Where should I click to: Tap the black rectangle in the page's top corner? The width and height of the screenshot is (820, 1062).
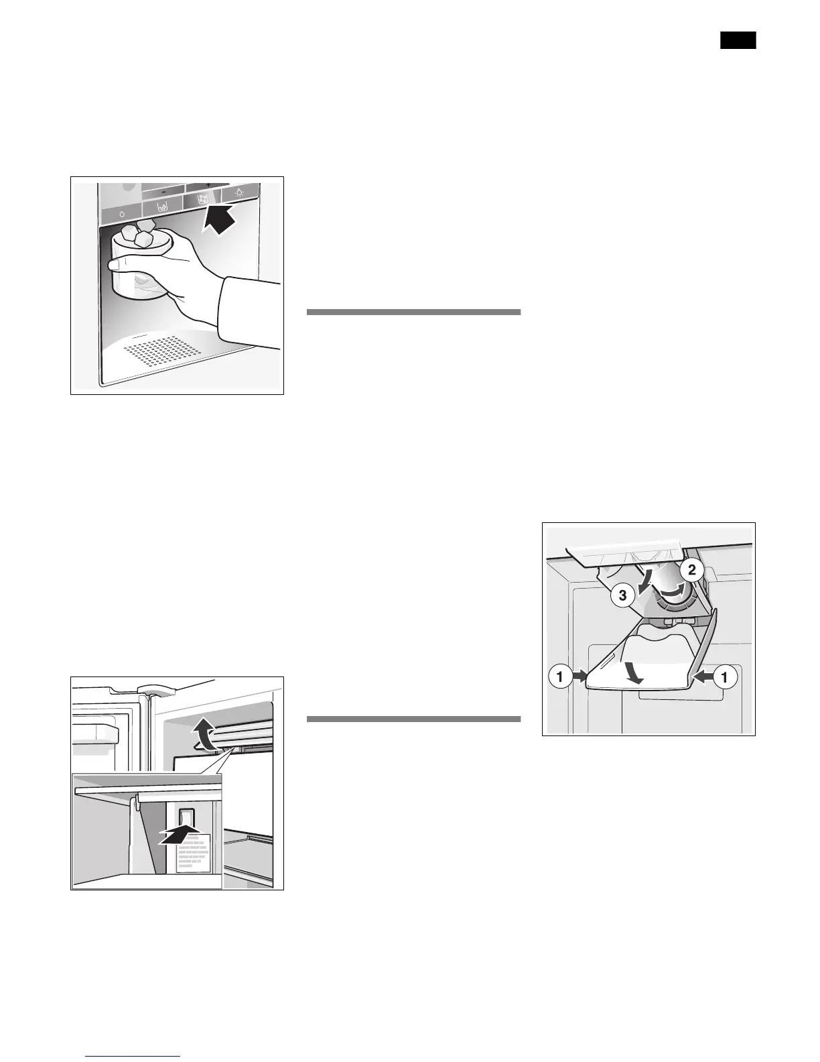(x=738, y=40)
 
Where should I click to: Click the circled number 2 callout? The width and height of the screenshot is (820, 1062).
(x=693, y=571)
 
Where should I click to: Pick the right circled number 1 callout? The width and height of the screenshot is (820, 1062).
(x=724, y=678)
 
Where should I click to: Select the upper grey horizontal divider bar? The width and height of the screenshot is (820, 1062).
(x=413, y=312)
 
